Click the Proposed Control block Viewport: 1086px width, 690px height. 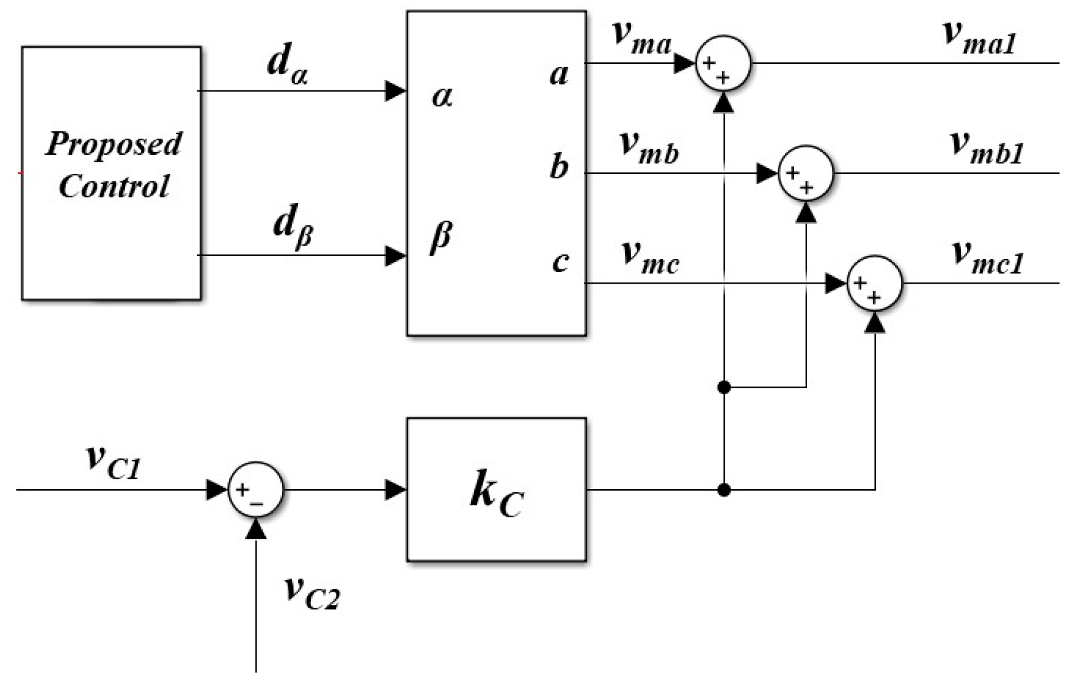point(111,173)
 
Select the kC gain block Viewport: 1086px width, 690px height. point(496,490)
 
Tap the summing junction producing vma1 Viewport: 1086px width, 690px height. point(723,63)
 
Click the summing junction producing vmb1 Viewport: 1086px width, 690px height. point(805,173)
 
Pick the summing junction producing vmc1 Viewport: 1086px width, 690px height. point(874,283)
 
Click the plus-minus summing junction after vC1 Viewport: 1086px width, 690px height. point(255,490)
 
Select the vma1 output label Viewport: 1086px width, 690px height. point(978,38)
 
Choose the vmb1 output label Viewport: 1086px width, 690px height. point(985,147)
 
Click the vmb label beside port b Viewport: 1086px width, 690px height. point(649,147)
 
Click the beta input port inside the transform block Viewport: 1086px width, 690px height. point(441,236)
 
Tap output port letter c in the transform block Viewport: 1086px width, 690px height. point(560,261)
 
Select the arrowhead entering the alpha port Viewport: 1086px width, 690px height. point(395,91)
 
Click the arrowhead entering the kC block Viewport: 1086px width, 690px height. point(395,490)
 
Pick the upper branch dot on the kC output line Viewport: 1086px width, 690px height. point(724,387)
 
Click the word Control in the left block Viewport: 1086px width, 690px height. point(114,186)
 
